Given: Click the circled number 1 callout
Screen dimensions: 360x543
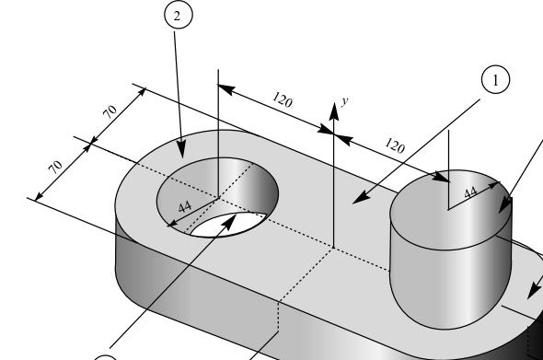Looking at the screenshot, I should [495, 81].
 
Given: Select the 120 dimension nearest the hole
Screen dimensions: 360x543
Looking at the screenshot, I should [283, 99].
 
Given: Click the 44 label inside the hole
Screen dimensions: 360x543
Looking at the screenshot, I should [184, 205].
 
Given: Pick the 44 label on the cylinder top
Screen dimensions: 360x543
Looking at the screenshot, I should [470, 193].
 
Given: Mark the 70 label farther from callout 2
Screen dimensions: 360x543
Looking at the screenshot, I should [56, 168].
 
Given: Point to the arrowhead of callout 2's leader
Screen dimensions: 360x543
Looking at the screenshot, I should [182, 151].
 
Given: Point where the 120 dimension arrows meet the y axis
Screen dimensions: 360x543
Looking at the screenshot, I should [333, 136].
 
